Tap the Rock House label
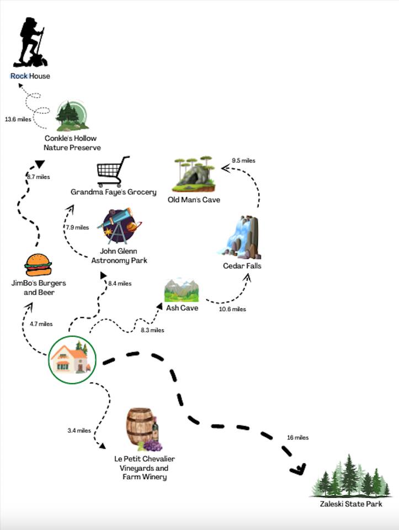(x=30, y=76)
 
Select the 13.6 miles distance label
(x=18, y=119)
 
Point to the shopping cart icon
(x=113, y=172)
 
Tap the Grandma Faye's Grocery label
(x=113, y=192)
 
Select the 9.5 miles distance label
(x=243, y=161)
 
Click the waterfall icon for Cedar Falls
(x=241, y=237)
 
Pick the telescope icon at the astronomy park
(x=119, y=226)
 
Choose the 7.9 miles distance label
(x=77, y=227)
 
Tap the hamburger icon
(x=38, y=265)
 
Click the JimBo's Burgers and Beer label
(x=38, y=288)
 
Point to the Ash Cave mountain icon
(x=181, y=290)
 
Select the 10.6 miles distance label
(x=232, y=309)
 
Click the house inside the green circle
(x=72, y=359)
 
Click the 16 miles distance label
(x=297, y=438)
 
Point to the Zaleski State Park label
(x=350, y=504)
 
